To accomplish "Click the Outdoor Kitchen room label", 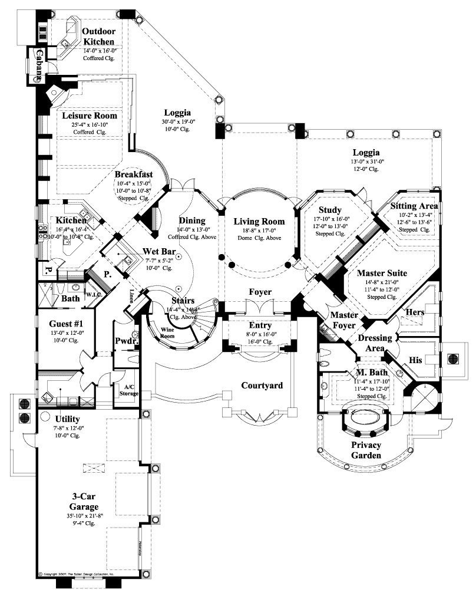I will click(98, 37).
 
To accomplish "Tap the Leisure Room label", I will click(90, 116).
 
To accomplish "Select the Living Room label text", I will click(259, 222).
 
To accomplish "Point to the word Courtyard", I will click(262, 386).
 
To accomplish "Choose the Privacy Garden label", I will click(366, 450).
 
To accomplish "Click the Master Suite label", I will click(381, 274).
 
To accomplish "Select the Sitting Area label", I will click(414, 206).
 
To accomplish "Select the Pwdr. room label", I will click(124, 341).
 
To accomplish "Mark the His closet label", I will click(416, 358).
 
